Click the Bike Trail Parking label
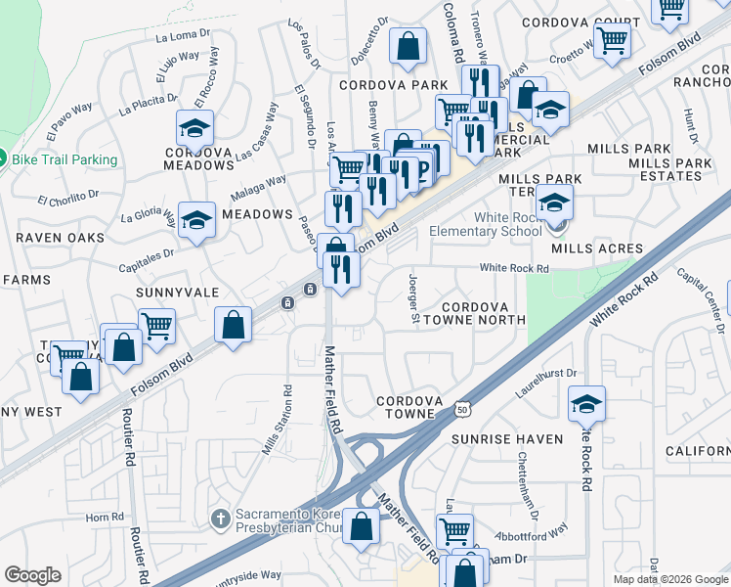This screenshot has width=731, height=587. click(x=66, y=159)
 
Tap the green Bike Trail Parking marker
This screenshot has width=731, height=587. click(x=3, y=158)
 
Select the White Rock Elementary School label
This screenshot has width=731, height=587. click(x=494, y=224)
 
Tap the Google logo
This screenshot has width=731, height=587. click(x=32, y=575)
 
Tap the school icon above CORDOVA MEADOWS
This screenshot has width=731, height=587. click(x=195, y=128)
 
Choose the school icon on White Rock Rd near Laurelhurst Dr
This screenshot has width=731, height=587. click(x=586, y=403)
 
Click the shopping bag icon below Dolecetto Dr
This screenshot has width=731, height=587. click(x=408, y=46)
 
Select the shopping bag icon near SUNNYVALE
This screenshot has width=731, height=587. click(x=234, y=326)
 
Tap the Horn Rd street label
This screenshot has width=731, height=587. click(x=101, y=516)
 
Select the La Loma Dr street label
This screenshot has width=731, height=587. click(x=183, y=36)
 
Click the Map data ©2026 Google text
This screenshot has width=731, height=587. click(x=670, y=579)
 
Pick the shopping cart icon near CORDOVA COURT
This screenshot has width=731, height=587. click(x=613, y=41)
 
